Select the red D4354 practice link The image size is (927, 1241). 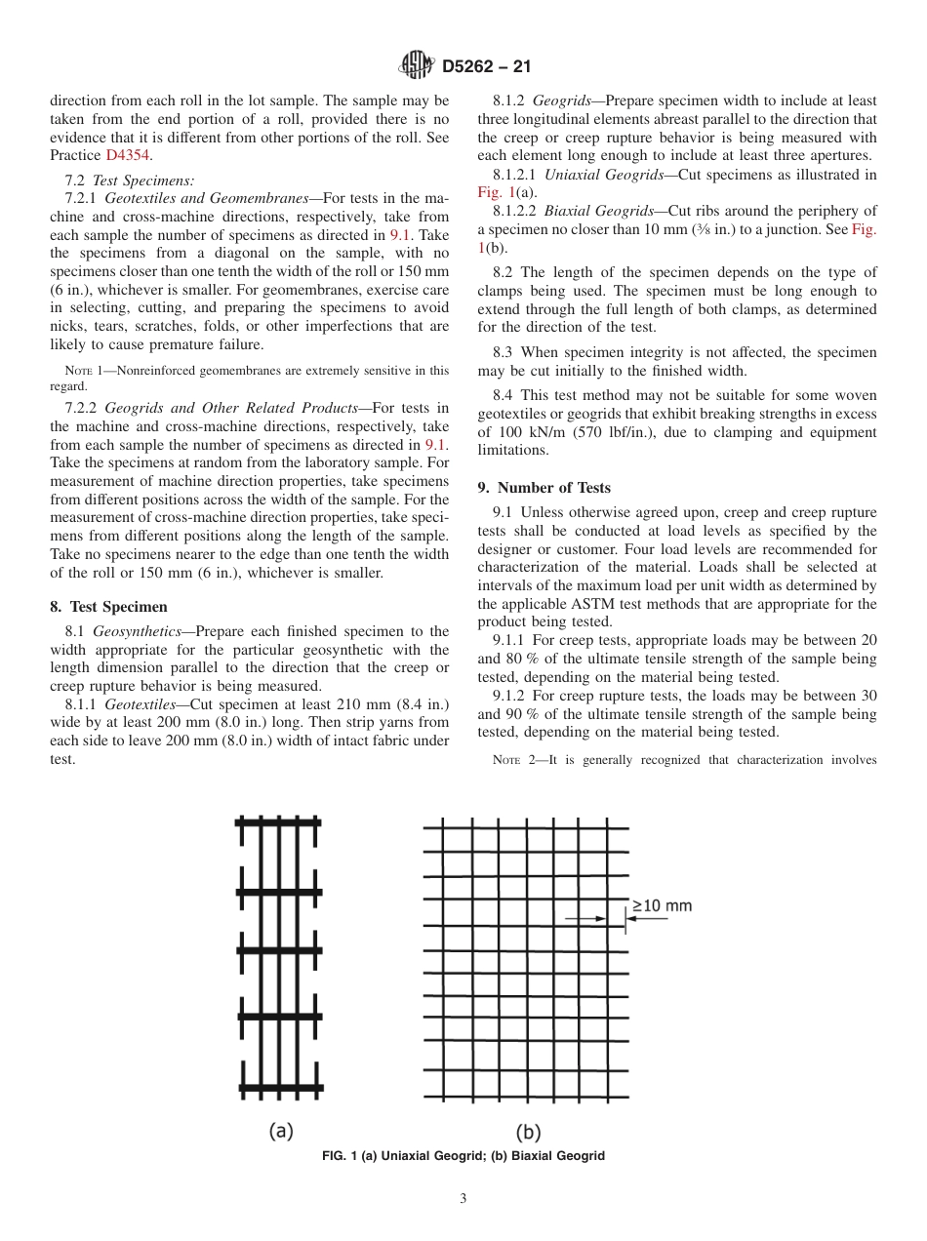pos(128,155)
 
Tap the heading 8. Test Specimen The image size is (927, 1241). pos(108,607)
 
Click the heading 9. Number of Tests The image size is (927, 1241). pos(544,488)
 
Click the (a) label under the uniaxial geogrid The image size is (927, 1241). pos(281,1131)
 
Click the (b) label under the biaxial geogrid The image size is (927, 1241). pos(528,1132)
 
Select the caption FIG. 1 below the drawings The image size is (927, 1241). pos(463,1156)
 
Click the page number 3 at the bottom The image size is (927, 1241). pos(463,1199)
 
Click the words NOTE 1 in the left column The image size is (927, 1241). pos(83,371)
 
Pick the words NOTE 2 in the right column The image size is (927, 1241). pos(511,760)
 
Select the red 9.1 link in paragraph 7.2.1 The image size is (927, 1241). pos(400,235)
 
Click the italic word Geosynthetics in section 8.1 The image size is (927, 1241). pos(137,631)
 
